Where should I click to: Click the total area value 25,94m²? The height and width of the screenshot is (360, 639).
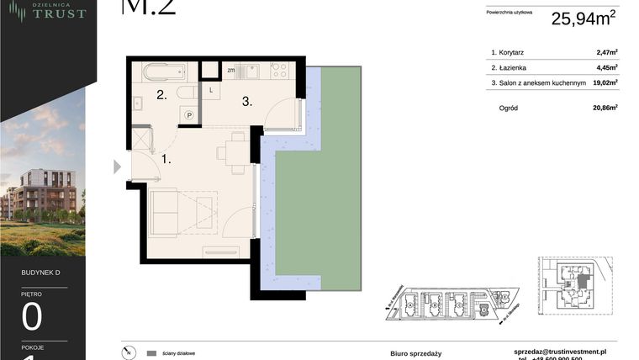[584, 19]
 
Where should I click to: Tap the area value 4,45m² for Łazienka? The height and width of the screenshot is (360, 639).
[606, 67]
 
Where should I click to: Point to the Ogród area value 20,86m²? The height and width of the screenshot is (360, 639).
[605, 108]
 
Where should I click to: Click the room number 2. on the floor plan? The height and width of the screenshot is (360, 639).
[161, 96]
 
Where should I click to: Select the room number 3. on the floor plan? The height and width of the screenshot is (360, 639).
[247, 102]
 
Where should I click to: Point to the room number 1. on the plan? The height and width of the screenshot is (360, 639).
[167, 157]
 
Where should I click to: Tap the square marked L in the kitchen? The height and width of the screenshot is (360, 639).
[211, 89]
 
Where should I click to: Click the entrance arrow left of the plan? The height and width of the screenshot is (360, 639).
[117, 167]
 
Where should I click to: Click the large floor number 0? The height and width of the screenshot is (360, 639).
[33, 317]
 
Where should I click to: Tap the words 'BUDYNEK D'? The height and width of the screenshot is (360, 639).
[41, 273]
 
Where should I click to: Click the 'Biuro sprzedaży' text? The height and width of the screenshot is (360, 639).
[415, 353]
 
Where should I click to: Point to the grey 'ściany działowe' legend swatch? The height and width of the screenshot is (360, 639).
[151, 353]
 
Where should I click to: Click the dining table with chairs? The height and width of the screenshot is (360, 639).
[230, 151]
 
